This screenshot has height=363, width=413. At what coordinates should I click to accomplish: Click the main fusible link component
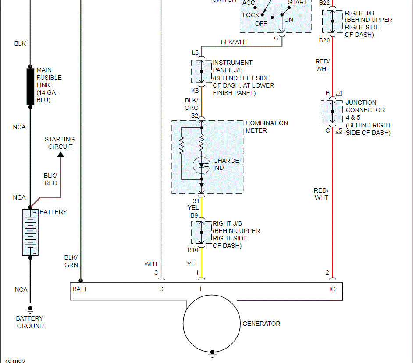[30, 87]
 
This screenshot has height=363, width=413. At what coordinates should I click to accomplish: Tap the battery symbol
[30, 233]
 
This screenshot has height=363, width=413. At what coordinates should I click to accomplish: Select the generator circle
[212, 324]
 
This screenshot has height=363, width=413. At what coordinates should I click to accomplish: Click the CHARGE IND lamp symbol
[202, 165]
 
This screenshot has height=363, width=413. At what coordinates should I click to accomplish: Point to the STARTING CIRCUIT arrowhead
[61, 154]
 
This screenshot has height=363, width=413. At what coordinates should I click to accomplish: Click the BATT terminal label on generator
[80, 289]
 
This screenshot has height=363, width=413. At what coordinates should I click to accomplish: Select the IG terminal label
[332, 289]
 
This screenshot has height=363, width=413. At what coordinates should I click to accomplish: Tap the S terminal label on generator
[161, 289]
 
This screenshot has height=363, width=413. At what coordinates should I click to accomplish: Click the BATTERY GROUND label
[30, 322]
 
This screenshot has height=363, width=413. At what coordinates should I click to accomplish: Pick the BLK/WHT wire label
[234, 42]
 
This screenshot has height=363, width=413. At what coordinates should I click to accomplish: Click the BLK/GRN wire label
[71, 261]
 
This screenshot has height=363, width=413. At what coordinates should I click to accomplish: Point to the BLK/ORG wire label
[192, 104]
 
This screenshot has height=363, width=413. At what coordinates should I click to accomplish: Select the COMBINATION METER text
[267, 127]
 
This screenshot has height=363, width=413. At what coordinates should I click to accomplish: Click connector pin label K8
[195, 91]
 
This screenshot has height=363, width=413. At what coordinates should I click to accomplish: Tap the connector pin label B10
[193, 250]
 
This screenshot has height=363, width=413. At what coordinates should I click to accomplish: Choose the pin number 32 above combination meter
[195, 116]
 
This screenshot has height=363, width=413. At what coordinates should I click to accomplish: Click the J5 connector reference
[339, 130]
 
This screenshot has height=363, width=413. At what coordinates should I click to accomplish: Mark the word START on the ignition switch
[298, 3]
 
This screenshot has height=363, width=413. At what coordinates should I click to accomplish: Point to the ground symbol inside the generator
[212, 352]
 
